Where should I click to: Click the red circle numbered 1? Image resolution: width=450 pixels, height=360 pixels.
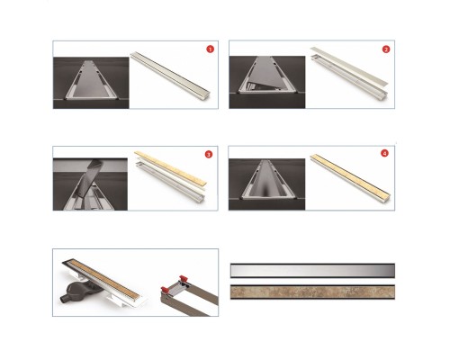pos(211,49)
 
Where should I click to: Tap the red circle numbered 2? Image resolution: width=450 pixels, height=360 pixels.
pos(386,49)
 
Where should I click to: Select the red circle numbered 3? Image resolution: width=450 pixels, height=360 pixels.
pos(209,154)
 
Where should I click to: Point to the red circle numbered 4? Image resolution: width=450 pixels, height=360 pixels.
pos(384,153)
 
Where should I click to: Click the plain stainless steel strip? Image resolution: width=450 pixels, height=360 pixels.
pos(312,270)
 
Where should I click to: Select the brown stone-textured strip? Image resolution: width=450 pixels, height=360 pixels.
pos(312,292)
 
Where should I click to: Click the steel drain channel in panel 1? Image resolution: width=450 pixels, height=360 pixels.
pos(170,73)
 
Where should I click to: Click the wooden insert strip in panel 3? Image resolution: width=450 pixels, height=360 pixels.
pos(171,168)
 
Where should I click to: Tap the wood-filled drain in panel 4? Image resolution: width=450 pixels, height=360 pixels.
pos(350,175)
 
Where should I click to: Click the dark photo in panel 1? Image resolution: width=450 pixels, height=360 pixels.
pos(91,83)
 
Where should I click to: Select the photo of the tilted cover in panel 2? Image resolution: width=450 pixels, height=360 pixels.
pos(267,82)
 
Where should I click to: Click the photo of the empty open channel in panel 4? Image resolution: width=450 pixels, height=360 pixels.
pos(267,184)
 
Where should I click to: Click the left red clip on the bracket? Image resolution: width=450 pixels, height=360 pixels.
pos(165,290)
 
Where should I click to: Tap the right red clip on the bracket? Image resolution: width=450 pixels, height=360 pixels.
pos(184,279)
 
